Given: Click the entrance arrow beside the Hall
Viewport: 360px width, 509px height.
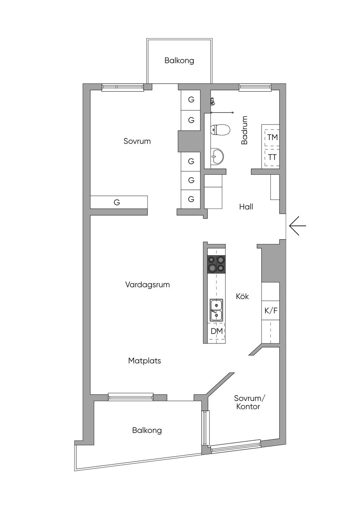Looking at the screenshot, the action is coord(297,226).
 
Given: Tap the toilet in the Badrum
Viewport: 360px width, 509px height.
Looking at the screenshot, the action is coord(220,129).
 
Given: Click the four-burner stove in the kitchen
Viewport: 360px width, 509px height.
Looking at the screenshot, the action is coord(216,264).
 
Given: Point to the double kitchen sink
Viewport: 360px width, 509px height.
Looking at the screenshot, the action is coord(216,310).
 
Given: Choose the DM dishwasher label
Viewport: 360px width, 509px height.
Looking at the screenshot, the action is coord(217,331).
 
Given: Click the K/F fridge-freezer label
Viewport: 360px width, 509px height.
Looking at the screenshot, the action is coord(271,311).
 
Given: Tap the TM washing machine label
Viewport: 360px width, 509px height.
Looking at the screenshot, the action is coord(272,137).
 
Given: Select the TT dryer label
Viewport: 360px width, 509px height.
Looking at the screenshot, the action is coord(272,157).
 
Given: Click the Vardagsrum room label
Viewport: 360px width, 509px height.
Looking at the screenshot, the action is coord(148,284).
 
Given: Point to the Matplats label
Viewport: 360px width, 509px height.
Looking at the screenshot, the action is coord(144,361).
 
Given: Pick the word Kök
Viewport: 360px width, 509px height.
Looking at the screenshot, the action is coord(242,296).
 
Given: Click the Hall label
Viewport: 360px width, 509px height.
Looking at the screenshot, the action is coord(246,207).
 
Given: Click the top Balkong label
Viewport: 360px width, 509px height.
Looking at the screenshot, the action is coord(179,61).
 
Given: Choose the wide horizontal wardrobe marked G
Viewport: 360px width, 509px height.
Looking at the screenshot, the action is coord(119,202).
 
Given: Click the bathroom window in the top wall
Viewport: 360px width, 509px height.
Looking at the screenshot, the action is coord(255,88).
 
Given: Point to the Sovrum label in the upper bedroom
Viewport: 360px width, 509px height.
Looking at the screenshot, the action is coord(137,141).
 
